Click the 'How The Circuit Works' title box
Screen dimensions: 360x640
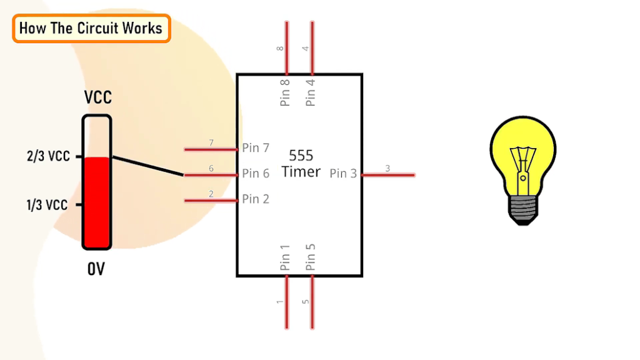click(x=91, y=28)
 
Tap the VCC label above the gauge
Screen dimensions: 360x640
click(x=98, y=98)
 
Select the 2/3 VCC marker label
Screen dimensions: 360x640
click(x=48, y=156)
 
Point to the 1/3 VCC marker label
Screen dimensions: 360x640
click(x=47, y=205)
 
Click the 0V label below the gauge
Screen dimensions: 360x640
click(x=96, y=269)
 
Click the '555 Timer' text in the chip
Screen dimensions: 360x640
click(x=301, y=163)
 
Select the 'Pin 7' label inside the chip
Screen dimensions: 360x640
click(x=256, y=148)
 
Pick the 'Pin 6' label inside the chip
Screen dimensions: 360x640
click(x=256, y=174)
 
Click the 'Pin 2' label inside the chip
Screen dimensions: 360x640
click(x=256, y=199)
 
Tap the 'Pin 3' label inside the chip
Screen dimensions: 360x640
click(x=343, y=174)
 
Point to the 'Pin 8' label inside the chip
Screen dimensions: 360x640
click(x=286, y=92)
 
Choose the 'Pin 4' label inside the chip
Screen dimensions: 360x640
click(x=311, y=92)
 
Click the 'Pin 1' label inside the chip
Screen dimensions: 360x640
click(x=286, y=257)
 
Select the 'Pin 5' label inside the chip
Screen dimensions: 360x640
click(x=311, y=257)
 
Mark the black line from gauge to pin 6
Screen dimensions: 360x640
click(x=147, y=166)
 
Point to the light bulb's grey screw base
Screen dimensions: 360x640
click(x=522, y=209)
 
